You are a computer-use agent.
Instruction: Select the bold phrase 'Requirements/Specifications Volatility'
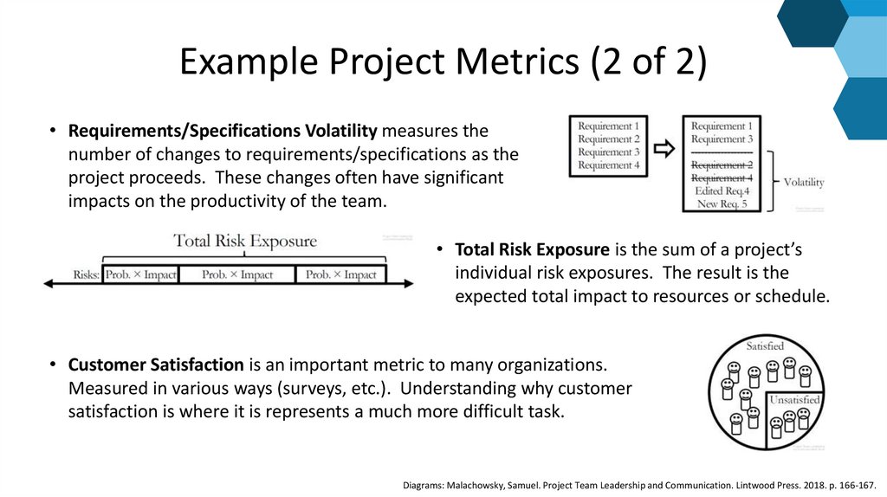(223, 132)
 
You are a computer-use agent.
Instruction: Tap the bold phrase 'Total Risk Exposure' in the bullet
(533, 250)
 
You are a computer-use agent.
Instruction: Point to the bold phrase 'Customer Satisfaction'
(157, 365)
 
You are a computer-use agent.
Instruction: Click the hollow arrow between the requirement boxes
(664, 148)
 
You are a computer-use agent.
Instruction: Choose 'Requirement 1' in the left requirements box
(609, 126)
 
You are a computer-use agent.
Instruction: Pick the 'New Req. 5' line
(722, 204)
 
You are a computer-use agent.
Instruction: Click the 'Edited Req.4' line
(722, 191)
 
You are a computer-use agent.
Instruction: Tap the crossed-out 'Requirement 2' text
(722, 165)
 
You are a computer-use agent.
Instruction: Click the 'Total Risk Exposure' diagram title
(245, 241)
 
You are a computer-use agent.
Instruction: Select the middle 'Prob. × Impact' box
(237, 275)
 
